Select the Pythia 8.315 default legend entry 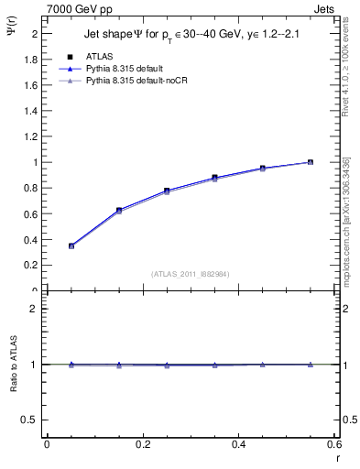pos(125,70)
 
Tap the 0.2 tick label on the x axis pos(142,444)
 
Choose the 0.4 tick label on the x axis pos(238,444)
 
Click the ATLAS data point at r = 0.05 pos(71,245)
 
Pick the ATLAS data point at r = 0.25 pos(167,191)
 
